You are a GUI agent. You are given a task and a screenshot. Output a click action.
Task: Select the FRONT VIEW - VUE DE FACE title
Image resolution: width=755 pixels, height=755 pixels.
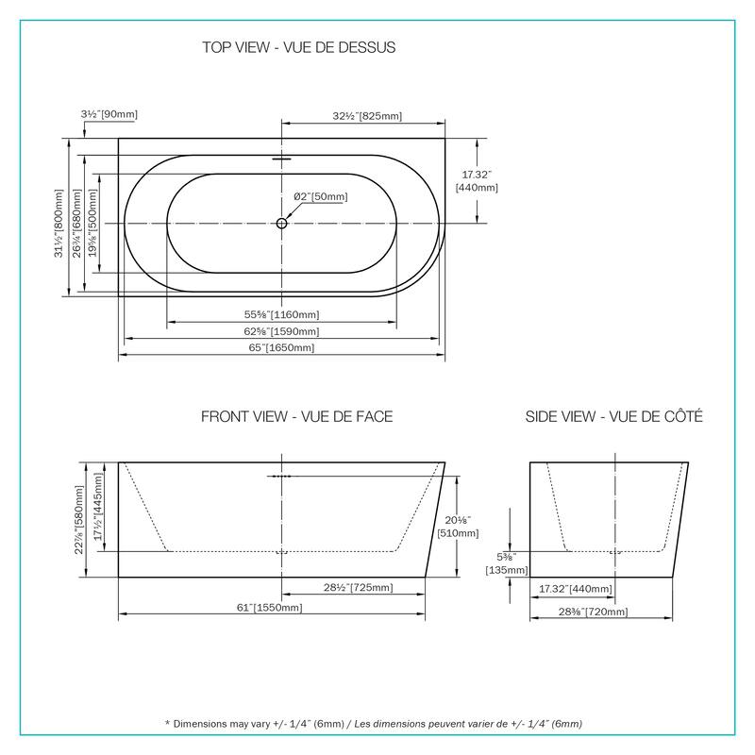297,416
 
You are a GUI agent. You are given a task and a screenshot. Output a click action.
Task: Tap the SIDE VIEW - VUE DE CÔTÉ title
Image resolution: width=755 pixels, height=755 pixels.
613,416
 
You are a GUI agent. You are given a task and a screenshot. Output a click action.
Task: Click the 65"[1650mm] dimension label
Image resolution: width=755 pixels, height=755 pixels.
282,348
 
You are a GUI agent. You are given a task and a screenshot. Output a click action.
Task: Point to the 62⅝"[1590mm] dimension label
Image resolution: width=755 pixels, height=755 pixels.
282,331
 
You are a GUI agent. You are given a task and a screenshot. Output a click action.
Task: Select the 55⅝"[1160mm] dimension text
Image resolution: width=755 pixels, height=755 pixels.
282,314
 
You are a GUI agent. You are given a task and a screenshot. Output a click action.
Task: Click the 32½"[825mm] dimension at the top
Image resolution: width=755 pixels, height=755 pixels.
368,116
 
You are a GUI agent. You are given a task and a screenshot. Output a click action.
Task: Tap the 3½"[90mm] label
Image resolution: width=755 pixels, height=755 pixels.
109,115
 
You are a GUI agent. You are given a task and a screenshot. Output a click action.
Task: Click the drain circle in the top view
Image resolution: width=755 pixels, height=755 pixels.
281,224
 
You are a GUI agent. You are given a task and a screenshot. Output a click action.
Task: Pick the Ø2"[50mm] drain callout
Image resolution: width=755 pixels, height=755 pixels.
320,196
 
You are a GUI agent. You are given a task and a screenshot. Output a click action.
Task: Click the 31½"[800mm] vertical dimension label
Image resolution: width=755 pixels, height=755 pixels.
60,223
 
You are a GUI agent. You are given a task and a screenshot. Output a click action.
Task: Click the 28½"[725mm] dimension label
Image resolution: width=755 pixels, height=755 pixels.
359,588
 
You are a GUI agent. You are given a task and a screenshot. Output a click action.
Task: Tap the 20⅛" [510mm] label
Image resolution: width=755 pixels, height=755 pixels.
477,526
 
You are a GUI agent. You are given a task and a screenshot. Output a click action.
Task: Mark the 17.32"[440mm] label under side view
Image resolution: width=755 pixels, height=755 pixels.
576,589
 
